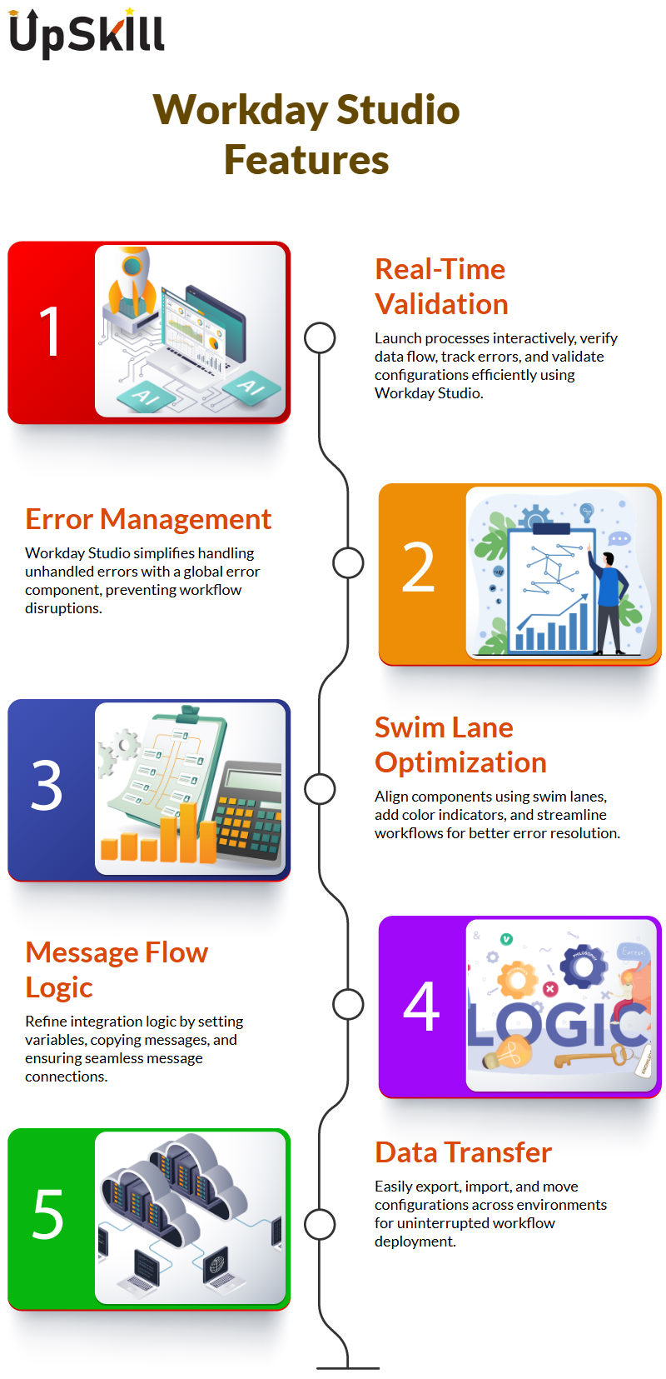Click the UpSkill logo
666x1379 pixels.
(x=87, y=33)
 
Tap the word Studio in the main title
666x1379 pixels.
(x=398, y=110)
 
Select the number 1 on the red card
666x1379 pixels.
(x=50, y=332)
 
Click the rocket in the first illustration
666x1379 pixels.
(x=132, y=283)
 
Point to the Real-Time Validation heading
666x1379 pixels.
(x=441, y=287)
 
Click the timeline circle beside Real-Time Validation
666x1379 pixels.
(x=320, y=338)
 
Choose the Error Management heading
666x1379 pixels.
(x=148, y=519)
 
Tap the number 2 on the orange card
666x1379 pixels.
(x=418, y=567)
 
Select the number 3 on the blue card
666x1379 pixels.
(x=47, y=785)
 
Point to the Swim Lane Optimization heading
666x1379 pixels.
(x=460, y=745)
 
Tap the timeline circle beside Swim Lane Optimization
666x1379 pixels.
(x=320, y=789)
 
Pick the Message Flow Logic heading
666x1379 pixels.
(x=117, y=970)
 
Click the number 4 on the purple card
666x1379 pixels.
(x=422, y=1006)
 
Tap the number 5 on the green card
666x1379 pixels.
(x=48, y=1214)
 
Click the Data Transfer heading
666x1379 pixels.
(x=463, y=1152)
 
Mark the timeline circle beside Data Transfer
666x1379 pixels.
(x=320, y=1224)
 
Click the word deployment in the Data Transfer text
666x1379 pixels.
(x=415, y=1242)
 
